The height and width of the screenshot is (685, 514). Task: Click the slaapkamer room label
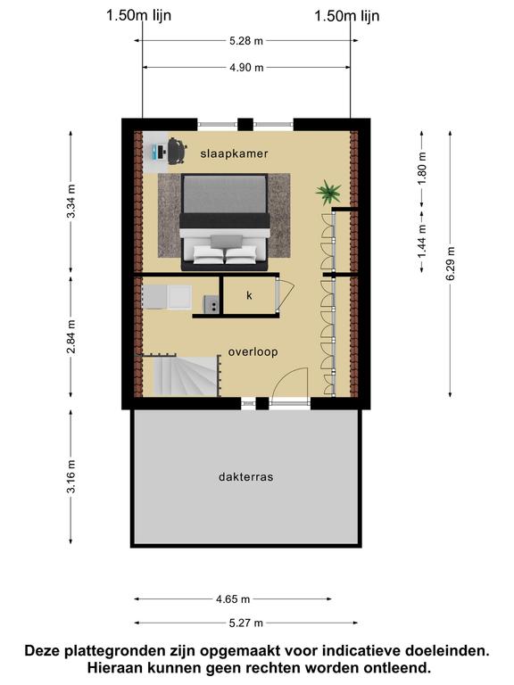tap(234, 153)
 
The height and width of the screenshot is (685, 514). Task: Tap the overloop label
tap(253, 352)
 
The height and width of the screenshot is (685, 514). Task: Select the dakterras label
tap(246, 476)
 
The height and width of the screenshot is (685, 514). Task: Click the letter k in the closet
tap(249, 295)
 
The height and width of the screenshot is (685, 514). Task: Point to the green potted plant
tap(328, 192)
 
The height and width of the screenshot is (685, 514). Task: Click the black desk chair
tap(177, 151)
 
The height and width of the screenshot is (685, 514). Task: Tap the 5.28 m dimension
tap(246, 41)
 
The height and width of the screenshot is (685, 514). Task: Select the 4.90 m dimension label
tap(246, 67)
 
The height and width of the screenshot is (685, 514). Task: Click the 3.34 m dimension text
tap(71, 201)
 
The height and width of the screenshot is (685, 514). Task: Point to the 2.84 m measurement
tap(71, 336)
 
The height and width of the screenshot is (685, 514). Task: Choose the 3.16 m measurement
tap(71, 476)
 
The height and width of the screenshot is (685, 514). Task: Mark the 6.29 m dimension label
tap(451, 263)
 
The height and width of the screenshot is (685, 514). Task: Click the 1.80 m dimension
tap(422, 169)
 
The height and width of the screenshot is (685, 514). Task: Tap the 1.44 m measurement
tap(422, 241)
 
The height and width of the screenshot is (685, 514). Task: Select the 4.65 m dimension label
tap(233, 599)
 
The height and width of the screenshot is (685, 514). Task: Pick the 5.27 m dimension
tap(246, 623)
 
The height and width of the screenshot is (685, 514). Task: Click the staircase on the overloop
tap(186, 376)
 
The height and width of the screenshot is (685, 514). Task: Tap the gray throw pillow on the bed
tap(227, 241)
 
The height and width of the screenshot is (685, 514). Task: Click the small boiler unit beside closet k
tap(211, 304)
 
